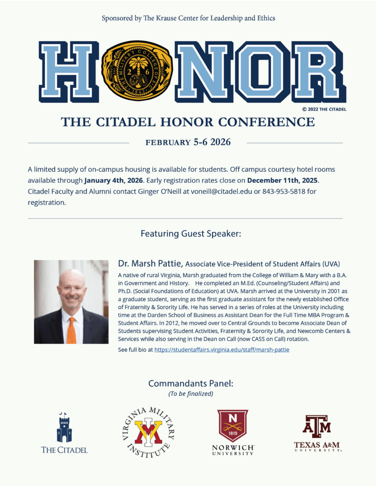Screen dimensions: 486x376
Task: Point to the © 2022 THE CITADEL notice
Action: pos(324,109)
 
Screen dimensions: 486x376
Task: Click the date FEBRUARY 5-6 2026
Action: pos(188,142)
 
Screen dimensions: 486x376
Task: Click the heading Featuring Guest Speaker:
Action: pos(188,234)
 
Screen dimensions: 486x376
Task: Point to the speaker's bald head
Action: pos(71,278)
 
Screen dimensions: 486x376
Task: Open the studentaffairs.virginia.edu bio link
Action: pos(222,350)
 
